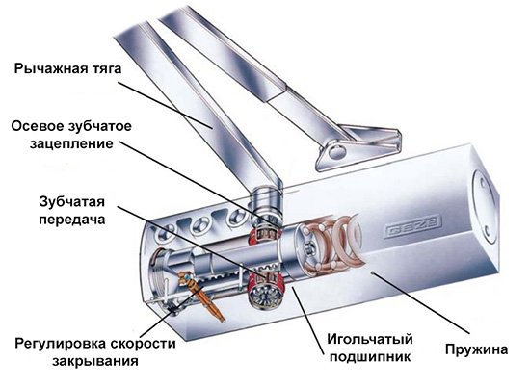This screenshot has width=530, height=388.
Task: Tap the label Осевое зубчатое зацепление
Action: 69,135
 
